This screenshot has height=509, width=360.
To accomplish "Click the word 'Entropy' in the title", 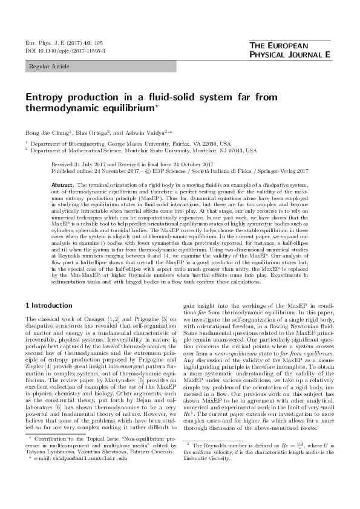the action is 44,97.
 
